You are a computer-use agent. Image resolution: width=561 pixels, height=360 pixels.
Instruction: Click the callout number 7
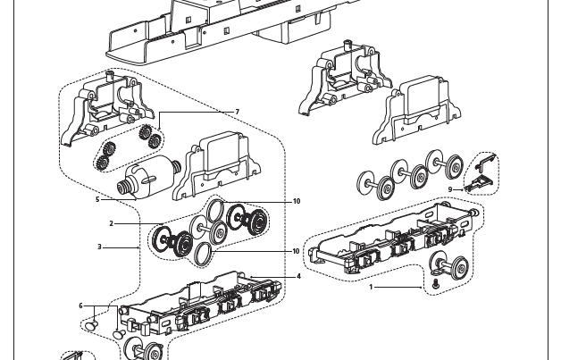[x=238, y=112]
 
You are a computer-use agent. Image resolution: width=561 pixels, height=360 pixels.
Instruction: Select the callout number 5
[x=97, y=199]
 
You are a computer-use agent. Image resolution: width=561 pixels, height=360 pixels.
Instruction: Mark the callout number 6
[x=80, y=306]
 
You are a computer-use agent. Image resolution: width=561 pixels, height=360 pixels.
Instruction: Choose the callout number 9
[x=451, y=189]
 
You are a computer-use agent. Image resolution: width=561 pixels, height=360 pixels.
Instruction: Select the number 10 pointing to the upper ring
[x=297, y=201]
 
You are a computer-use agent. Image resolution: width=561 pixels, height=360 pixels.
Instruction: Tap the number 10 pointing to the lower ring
[x=297, y=251]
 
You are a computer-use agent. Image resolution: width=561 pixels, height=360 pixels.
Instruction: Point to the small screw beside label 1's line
[x=435, y=283]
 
